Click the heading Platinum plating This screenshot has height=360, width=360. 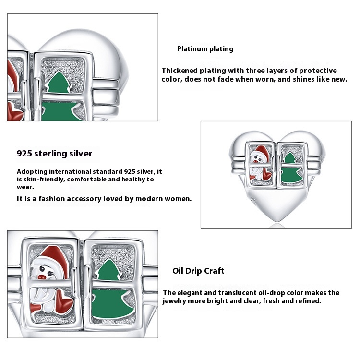pos(205,49)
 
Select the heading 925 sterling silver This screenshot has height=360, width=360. pos(54,154)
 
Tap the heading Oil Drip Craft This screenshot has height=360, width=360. pos(198,271)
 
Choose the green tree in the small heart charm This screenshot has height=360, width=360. pos(289,168)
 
